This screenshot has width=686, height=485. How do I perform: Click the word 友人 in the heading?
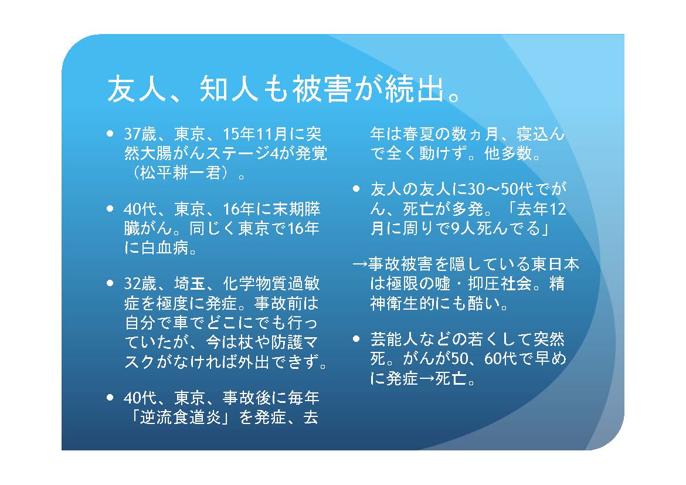[x=137, y=89]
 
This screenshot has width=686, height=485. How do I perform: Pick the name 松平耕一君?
[x=180, y=174]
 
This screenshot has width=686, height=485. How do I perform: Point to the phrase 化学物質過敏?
[x=271, y=284]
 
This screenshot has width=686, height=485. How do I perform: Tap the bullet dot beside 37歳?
[x=110, y=134]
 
